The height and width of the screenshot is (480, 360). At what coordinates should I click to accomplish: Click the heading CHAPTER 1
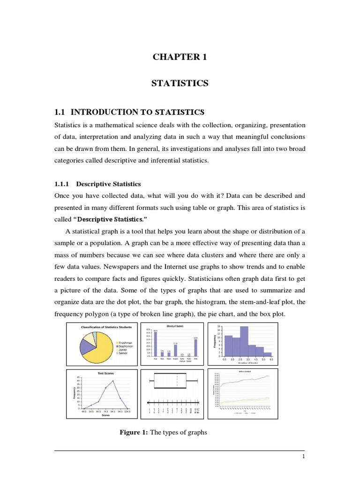pyautogui.click(x=180, y=57)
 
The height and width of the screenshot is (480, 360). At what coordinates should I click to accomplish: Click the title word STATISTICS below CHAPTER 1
pyautogui.click(x=180, y=83)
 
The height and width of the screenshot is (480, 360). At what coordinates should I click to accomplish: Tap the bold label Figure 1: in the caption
pyautogui.click(x=134, y=433)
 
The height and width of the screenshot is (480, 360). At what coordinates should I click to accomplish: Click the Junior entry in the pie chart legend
pyautogui.click(x=124, y=349)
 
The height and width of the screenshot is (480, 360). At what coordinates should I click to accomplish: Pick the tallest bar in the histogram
pyautogui.click(x=244, y=341)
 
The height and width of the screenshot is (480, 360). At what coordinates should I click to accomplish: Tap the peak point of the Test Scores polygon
pyautogui.click(x=113, y=381)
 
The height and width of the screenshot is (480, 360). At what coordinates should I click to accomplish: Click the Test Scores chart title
pyautogui.click(x=105, y=373)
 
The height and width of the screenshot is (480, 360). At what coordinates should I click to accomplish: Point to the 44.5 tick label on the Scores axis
pyautogui.click(x=84, y=411)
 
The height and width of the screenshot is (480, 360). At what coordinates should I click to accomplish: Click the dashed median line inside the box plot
pyautogui.click(x=177, y=381)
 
